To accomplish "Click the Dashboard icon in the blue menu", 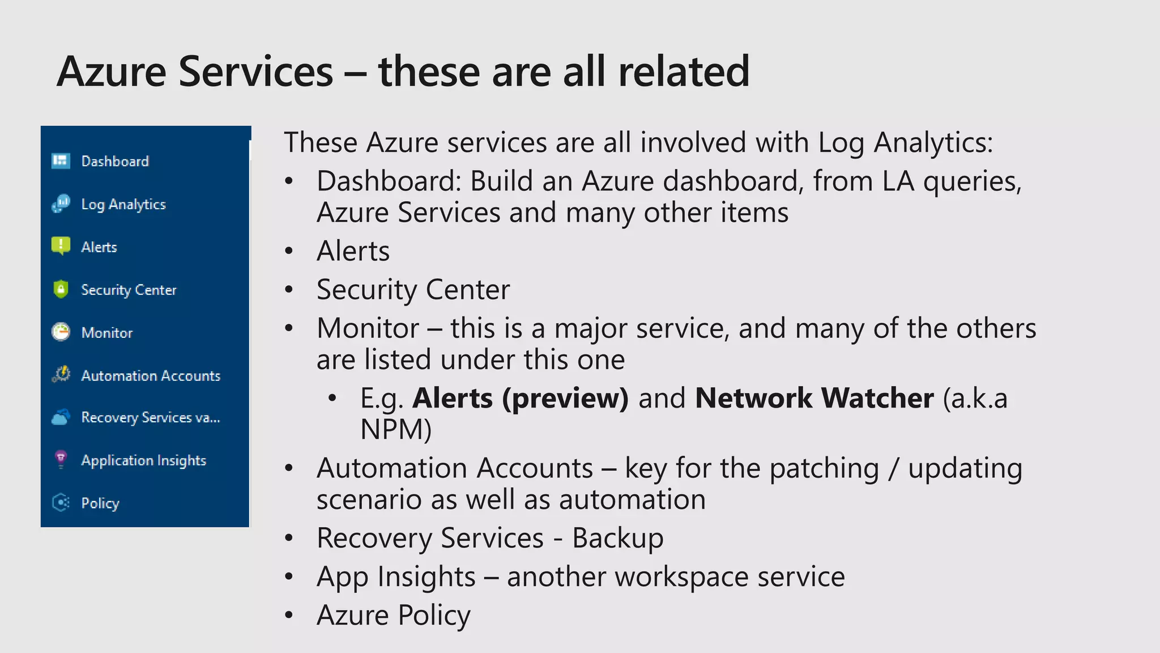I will tap(61, 161).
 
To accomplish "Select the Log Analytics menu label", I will tap(123, 205).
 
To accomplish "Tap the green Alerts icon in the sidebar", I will tap(61, 246).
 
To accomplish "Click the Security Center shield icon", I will tap(61, 289).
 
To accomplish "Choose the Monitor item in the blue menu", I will tap(106, 333).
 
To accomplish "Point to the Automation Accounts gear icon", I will tap(61, 375).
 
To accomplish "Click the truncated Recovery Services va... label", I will tap(150, 418).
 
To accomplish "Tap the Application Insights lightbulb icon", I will tap(61, 459).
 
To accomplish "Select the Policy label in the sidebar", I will tap(100, 503).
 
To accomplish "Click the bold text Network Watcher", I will tap(814, 398).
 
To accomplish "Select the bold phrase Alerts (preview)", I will tap(520, 398).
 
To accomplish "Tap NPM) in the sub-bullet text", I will tap(396, 430).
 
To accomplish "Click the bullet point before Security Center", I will tap(289, 290).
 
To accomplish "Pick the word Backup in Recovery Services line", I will tap(617, 538).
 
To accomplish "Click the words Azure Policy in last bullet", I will tap(394, 615).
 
